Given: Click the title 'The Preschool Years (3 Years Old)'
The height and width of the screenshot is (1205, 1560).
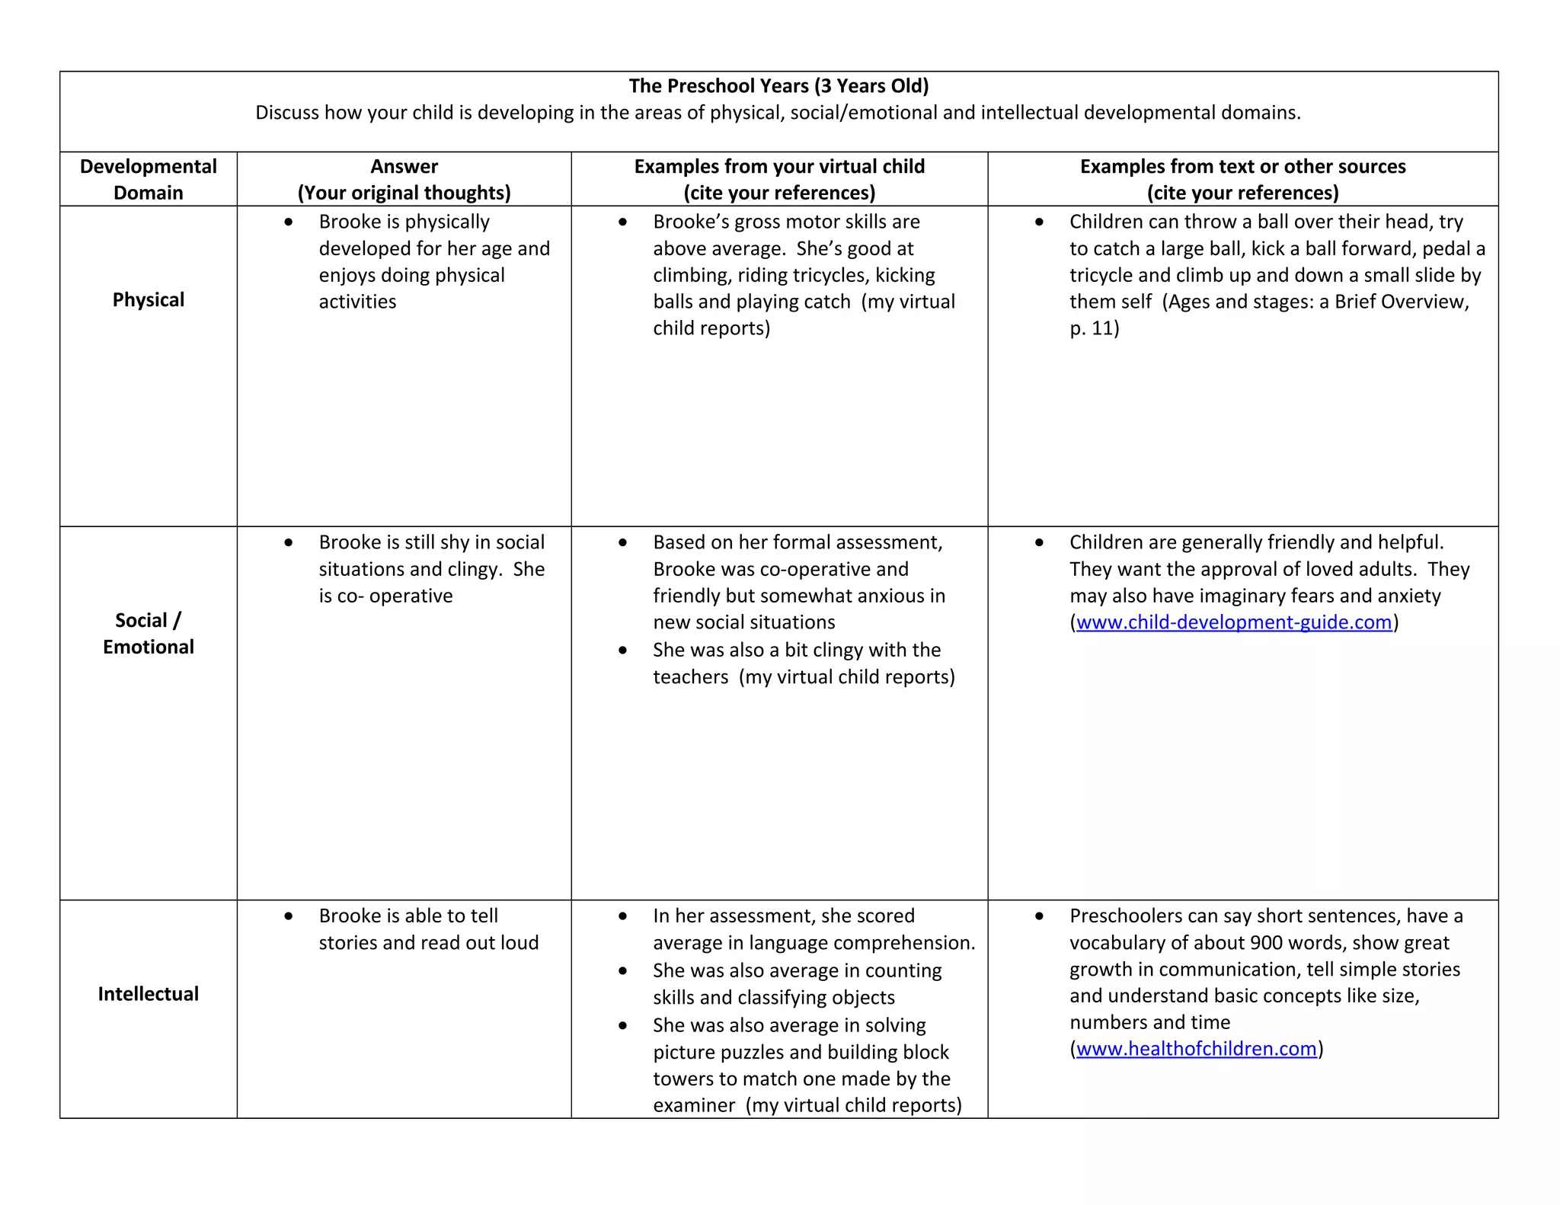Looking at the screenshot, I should click(778, 86).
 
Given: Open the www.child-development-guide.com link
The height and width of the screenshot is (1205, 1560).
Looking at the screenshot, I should click(1233, 622).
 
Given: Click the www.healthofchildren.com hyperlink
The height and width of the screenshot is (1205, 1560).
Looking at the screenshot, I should click(1196, 1049).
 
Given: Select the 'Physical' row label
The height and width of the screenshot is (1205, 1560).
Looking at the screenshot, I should click(149, 300).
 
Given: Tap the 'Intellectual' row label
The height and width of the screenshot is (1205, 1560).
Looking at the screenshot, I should click(149, 994).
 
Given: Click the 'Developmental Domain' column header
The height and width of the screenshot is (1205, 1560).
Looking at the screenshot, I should click(149, 179).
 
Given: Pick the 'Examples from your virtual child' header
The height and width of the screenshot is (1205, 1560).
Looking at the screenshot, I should click(779, 167).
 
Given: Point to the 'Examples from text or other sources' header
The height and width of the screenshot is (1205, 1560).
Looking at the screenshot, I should click(1242, 167).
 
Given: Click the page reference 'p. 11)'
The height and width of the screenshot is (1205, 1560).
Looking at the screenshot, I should click(1094, 328).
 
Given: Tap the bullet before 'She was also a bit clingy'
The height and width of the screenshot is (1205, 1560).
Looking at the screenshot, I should click(623, 650).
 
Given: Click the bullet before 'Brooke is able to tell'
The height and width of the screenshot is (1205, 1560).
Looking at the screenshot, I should click(289, 916).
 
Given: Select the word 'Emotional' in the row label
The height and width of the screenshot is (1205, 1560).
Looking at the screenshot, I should click(149, 647).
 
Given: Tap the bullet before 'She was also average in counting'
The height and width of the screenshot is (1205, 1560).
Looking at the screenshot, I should click(623, 971).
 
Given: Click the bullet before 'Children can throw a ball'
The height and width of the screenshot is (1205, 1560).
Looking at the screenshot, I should click(1040, 222).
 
